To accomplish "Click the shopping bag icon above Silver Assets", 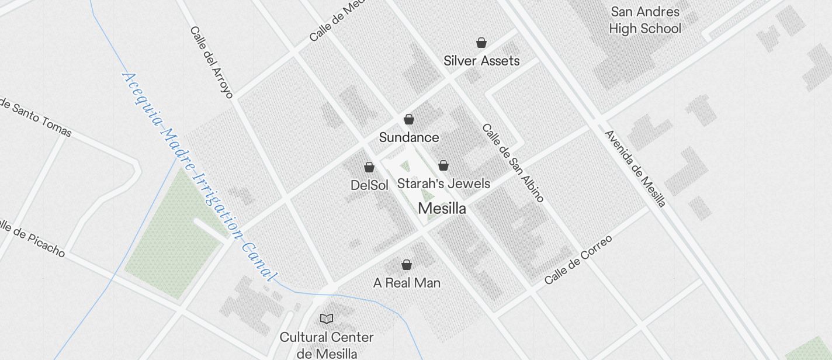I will click(x=481, y=43).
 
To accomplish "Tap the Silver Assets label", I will click(x=481, y=61).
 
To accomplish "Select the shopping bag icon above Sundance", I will click(x=409, y=119).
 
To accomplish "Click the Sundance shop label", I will click(x=409, y=138).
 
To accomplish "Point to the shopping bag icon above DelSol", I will click(x=369, y=168).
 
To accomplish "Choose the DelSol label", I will click(x=369, y=186).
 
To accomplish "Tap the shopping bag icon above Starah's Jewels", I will click(x=443, y=165).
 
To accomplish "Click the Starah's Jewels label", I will click(x=443, y=184).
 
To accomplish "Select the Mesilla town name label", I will click(x=442, y=209).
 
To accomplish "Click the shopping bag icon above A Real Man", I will click(x=407, y=265).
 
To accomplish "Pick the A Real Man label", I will click(x=407, y=283).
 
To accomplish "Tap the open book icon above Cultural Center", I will click(x=327, y=319).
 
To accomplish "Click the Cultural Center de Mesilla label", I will click(x=327, y=345).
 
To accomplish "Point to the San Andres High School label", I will click(x=645, y=20).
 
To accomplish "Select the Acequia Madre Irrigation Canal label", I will click(x=199, y=175).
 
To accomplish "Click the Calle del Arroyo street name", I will click(x=212, y=62).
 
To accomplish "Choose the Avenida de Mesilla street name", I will click(x=635, y=168).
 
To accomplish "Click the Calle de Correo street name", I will click(x=578, y=259).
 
